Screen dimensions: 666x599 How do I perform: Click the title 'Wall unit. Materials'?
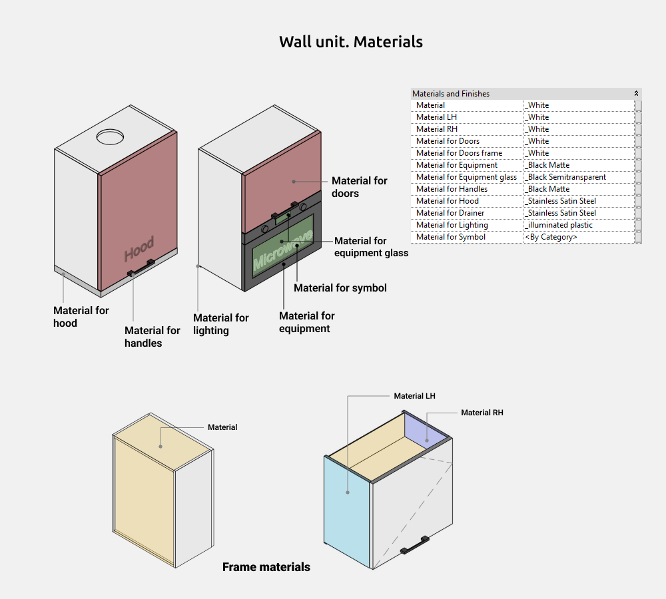click(x=351, y=42)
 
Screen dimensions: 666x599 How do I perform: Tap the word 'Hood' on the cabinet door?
click(x=139, y=249)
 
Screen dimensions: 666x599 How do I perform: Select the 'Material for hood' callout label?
click(x=81, y=317)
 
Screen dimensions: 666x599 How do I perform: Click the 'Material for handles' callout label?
click(x=152, y=337)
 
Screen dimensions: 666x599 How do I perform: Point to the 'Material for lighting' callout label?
click(x=221, y=324)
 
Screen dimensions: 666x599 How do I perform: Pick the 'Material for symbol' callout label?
click(x=340, y=288)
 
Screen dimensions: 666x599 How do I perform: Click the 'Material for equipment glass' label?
click(x=371, y=247)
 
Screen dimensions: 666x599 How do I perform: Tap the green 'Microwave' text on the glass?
click(x=283, y=250)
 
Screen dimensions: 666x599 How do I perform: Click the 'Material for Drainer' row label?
click(x=450, y=213)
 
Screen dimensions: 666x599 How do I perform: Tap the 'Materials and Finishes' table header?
click(x=451, y=94)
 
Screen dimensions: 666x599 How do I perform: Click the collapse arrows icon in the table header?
click(x=636, y=93)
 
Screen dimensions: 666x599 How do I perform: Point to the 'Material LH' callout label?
click(x=414, y=396)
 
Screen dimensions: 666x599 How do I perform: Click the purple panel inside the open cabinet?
click(x=425, y=431)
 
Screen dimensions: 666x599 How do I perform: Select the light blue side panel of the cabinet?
click(x=347, y=512)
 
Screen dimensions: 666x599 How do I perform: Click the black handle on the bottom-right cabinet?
click(x=414, y=545)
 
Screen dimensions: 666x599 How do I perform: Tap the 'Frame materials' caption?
click(x=266, y=567)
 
